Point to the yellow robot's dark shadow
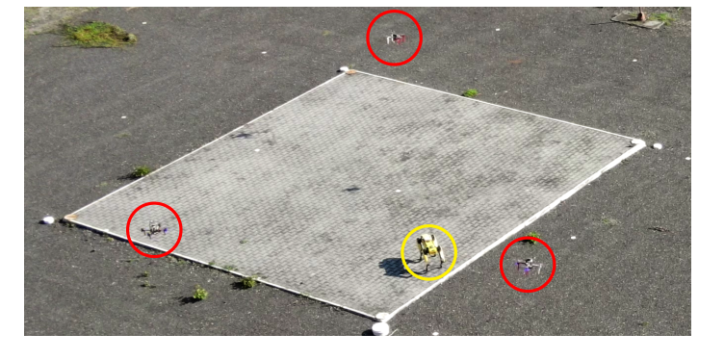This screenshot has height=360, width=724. tap(395, 266)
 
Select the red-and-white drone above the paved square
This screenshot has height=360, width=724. tap(395, 39)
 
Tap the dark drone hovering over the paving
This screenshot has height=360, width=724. tap(154, 230)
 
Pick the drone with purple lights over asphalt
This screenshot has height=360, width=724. tap(528, 266)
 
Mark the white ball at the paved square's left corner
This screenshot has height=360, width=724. tap(48, 220)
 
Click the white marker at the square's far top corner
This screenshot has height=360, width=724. tap(344, 69)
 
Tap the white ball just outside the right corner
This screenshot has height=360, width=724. tap(658, 146)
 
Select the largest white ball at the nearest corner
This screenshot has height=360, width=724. tap(380, 328)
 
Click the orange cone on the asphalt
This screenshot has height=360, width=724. tap(641, 14)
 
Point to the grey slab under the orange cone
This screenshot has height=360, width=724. tap(637, 22)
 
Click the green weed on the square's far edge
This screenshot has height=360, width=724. tap(470, 92)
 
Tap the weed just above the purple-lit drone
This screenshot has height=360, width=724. tap(529, 237)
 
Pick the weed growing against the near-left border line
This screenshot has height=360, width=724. tap(248, 282)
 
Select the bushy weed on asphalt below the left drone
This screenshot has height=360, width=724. tap(199, 293)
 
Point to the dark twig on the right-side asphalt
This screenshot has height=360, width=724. tap(659, 228)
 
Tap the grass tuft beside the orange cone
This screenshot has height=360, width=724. tap(663, 17)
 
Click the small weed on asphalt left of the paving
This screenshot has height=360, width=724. tap(141, 172)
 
